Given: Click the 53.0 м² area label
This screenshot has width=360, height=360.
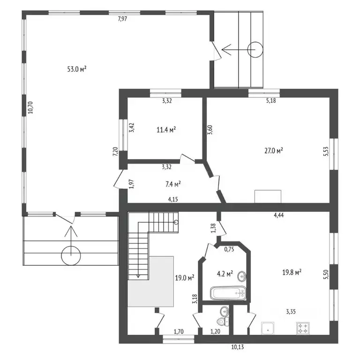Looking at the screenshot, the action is (x=77, y=69).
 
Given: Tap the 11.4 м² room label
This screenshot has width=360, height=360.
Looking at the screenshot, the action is (x=166, y=130).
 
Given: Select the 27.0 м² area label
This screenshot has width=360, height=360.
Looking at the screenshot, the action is (x=273, y=151).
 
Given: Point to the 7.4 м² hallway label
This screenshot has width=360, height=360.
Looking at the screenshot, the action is (x=173, y=184).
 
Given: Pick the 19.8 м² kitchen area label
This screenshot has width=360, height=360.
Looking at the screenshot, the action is (x=292, y=272).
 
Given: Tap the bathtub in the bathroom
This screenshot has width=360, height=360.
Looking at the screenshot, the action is (x=228, y=292).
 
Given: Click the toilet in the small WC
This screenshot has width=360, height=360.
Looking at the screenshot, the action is (x=223, y=321).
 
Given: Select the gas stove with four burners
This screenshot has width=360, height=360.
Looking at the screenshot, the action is (x=303, y=328).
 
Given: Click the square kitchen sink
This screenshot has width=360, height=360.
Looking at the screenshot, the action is (x=268, y=328).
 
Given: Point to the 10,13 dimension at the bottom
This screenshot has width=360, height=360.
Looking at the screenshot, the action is (x=237, y=347).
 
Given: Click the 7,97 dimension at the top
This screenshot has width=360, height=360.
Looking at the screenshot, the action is (x=122, y=19).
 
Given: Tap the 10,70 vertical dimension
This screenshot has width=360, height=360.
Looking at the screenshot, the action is (x=30, y=107).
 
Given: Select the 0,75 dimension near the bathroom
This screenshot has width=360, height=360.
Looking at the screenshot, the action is (x=229, y=249).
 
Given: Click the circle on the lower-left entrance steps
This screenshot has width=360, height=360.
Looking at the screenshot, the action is (x=71, y=255).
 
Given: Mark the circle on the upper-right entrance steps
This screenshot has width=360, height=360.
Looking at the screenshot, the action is (x=255, y=50).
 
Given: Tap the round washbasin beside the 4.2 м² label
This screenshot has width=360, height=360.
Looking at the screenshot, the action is (x=242, y=276).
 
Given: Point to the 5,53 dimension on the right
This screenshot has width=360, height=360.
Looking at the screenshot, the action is (x=326, y=151).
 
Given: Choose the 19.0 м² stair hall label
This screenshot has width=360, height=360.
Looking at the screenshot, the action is (x=185, y=278).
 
